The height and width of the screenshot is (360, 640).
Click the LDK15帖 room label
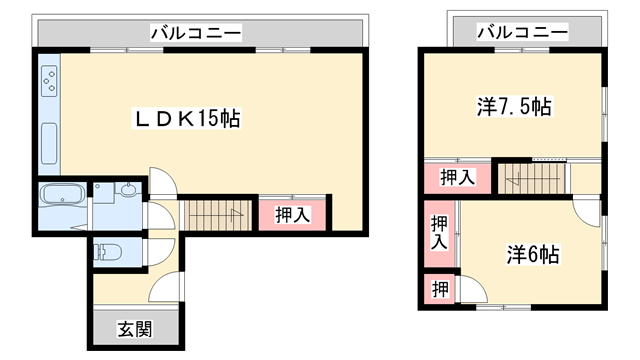click(187, 118)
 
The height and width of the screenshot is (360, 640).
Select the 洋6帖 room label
click(531, 255)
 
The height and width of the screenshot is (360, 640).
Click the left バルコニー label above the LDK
click(196, 33)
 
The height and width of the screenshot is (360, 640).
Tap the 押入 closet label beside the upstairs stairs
click(457, 177)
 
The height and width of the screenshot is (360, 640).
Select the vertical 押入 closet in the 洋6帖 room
click(439, 234)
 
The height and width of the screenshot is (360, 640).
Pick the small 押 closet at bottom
click(438, 290)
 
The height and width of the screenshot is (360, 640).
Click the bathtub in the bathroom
click(64, 195)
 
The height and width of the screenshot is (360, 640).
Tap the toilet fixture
click(106, 254)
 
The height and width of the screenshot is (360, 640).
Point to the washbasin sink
click(128, 190)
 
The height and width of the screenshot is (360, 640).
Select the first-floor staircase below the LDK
click(214, 214)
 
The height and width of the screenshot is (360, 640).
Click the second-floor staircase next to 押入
click(532, 179)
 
